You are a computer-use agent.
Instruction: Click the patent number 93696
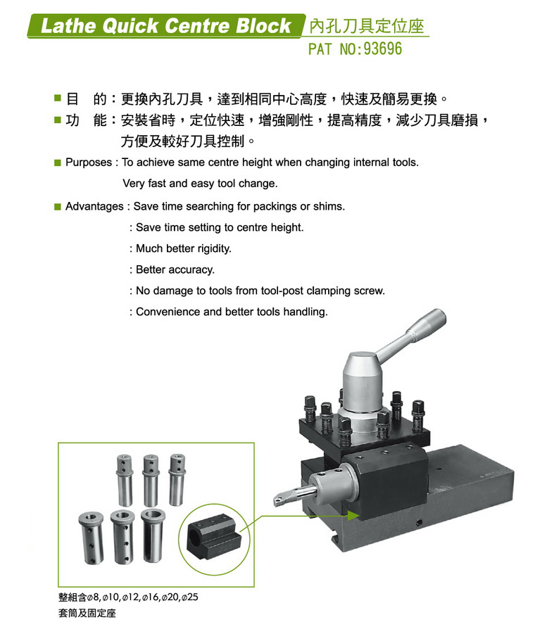(x=382, y=49)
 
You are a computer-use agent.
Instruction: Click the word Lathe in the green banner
(x=68, y=26)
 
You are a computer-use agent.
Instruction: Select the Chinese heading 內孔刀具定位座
(x=366, y=27)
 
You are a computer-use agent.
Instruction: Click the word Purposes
(x=89, y=163)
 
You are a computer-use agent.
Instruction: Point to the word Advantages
(x=94, y=206)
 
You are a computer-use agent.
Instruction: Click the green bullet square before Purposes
(x=58, y=163)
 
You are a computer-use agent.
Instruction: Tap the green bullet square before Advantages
(x=58, y=207)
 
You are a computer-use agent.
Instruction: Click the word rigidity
(x=214, y=248)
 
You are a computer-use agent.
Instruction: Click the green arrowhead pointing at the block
(x=353, y=516)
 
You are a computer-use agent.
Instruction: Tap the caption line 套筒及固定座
(x=87, y=613)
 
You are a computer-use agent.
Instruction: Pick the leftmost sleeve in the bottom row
(x=91, y=538)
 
